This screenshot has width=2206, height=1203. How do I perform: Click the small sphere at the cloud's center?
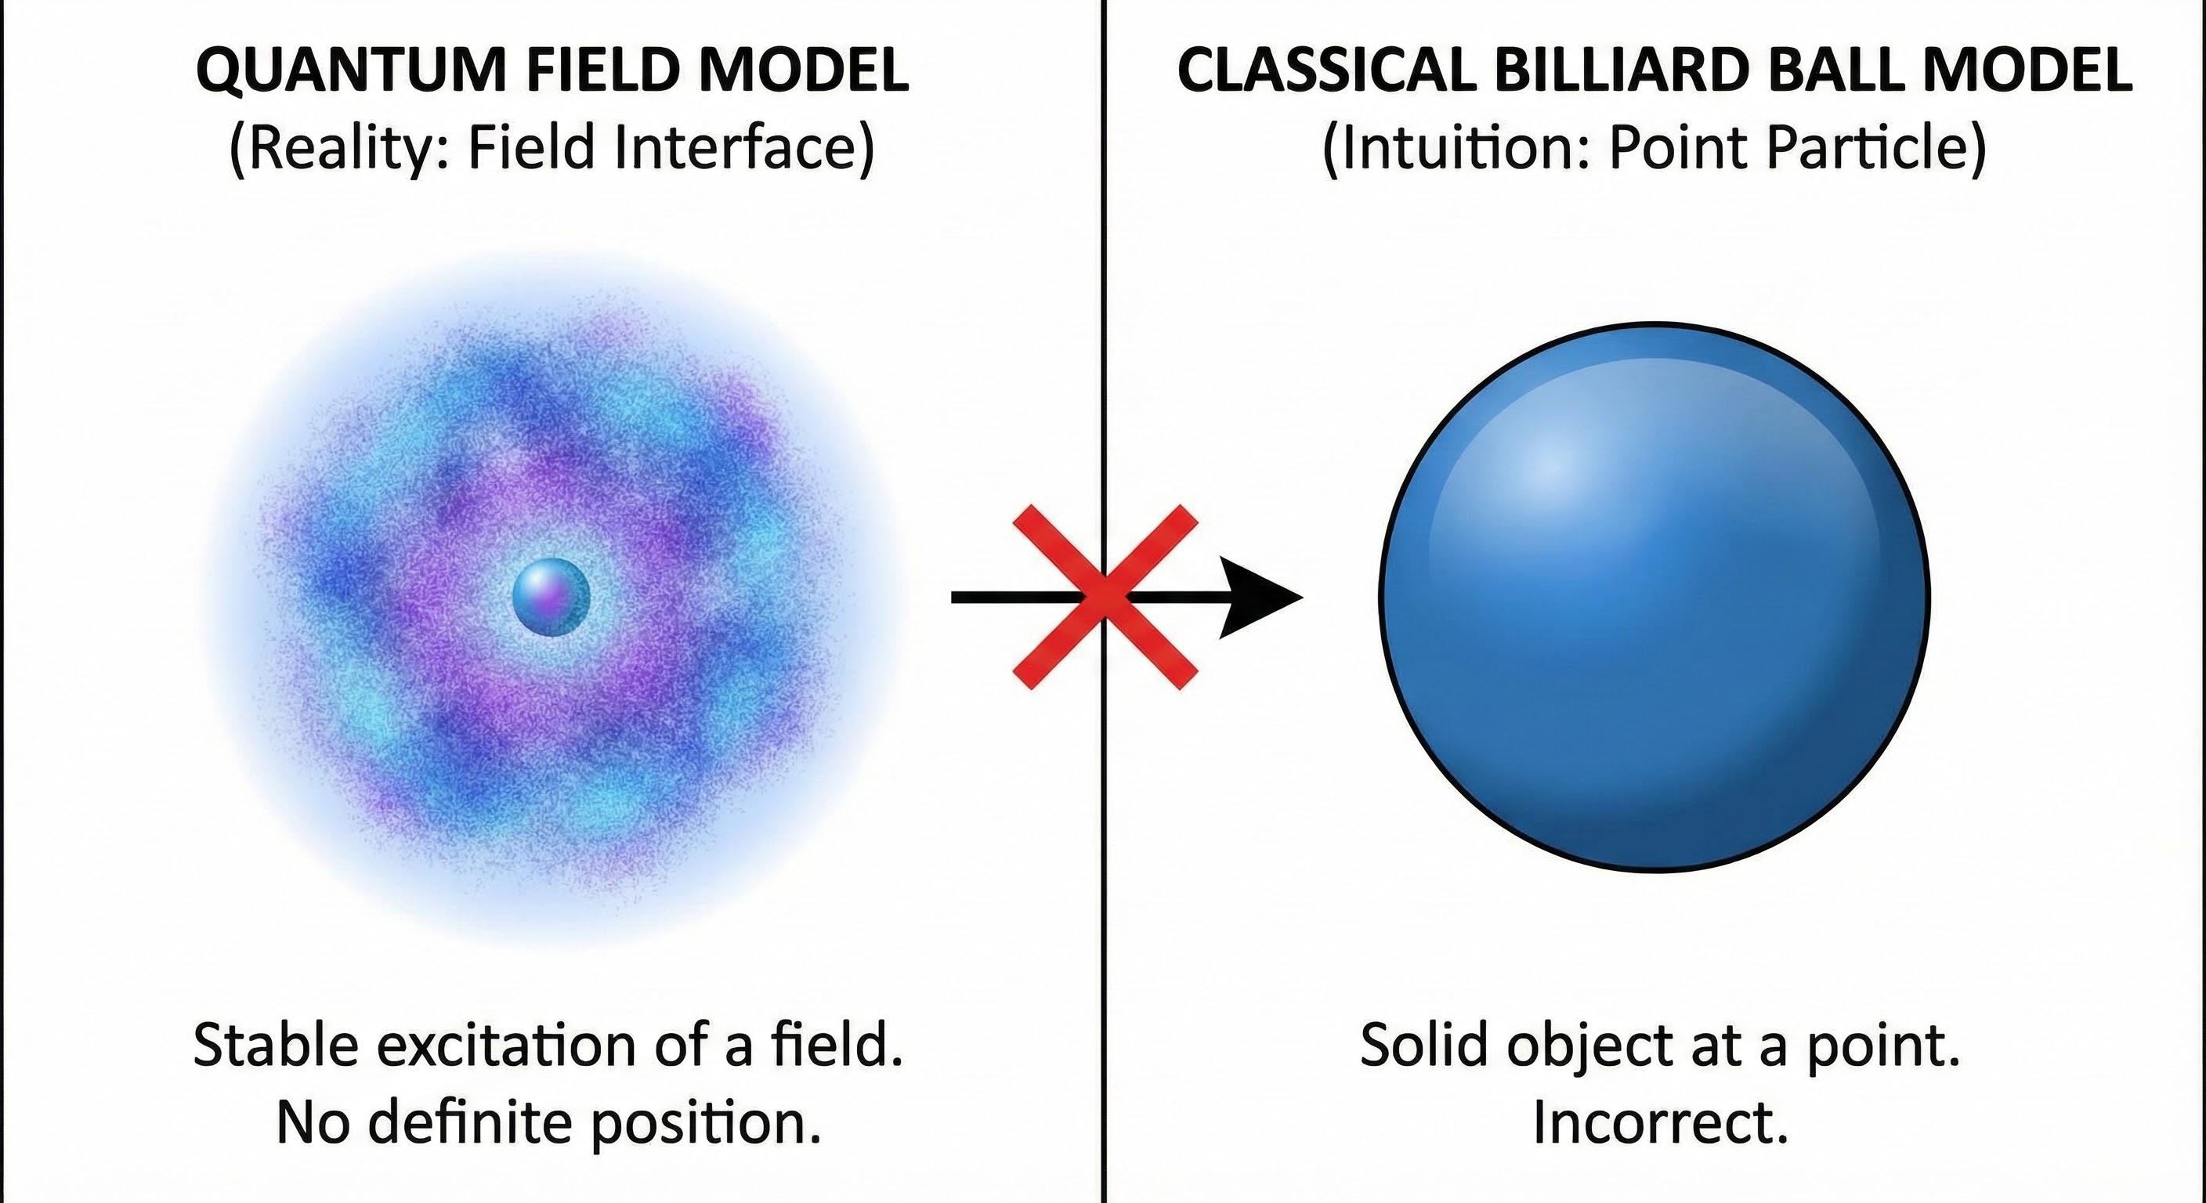(x=551, y=597)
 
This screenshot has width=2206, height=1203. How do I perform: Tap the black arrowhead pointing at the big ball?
(x=1259, y=597)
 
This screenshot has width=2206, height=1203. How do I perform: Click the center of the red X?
(x=1105, y=597)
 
